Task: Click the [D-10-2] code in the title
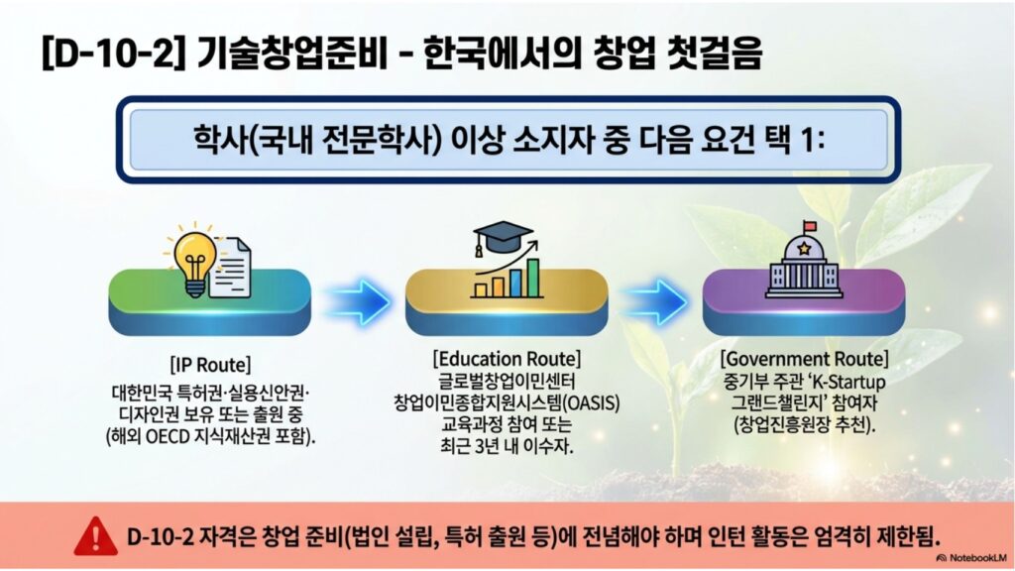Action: [108, 52]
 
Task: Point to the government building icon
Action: [803, 263]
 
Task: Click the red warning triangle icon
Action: [96, 536]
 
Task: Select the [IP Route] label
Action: [210, 365]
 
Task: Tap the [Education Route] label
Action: [507, 358]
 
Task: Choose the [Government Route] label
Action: [804, 358]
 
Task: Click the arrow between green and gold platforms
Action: [358, 301]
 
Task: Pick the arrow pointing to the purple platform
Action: [654, 301]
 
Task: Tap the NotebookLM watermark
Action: [971, 557]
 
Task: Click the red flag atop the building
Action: [809, 225]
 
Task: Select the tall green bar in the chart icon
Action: [532, 278]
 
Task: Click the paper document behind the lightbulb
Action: [231, 268]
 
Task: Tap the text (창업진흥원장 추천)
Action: [804, 425]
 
